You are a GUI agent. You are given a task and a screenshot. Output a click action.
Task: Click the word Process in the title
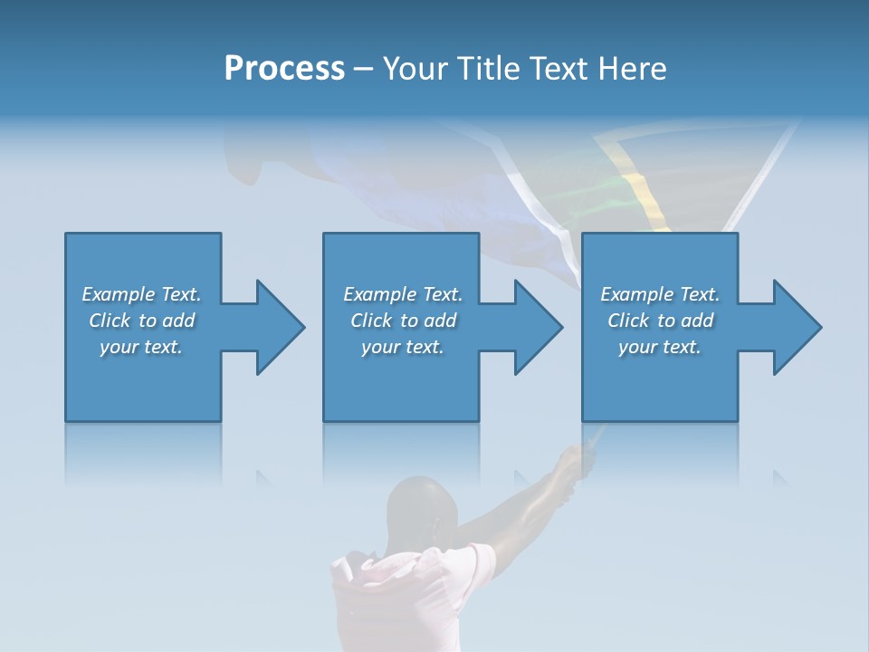(x=284, y=69)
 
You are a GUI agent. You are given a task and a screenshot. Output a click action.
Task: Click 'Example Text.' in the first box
(x=141, y=294)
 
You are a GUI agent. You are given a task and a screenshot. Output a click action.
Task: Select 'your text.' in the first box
(x=141, y=347)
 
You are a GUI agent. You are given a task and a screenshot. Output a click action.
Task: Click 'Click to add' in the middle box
(x=403, y=321)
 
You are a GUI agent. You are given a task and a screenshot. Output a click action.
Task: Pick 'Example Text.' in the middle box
(x=403, y=294)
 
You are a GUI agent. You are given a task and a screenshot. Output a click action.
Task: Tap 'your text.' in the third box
(x=660, y=347)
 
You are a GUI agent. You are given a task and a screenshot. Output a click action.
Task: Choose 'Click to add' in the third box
(x=660, y=321)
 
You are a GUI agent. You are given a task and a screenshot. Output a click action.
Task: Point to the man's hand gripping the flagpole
(x=576, y=462)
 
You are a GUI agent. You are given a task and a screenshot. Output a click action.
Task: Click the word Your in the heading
(x=414, y=69)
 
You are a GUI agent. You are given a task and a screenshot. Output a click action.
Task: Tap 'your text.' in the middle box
(x=403, y=347)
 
